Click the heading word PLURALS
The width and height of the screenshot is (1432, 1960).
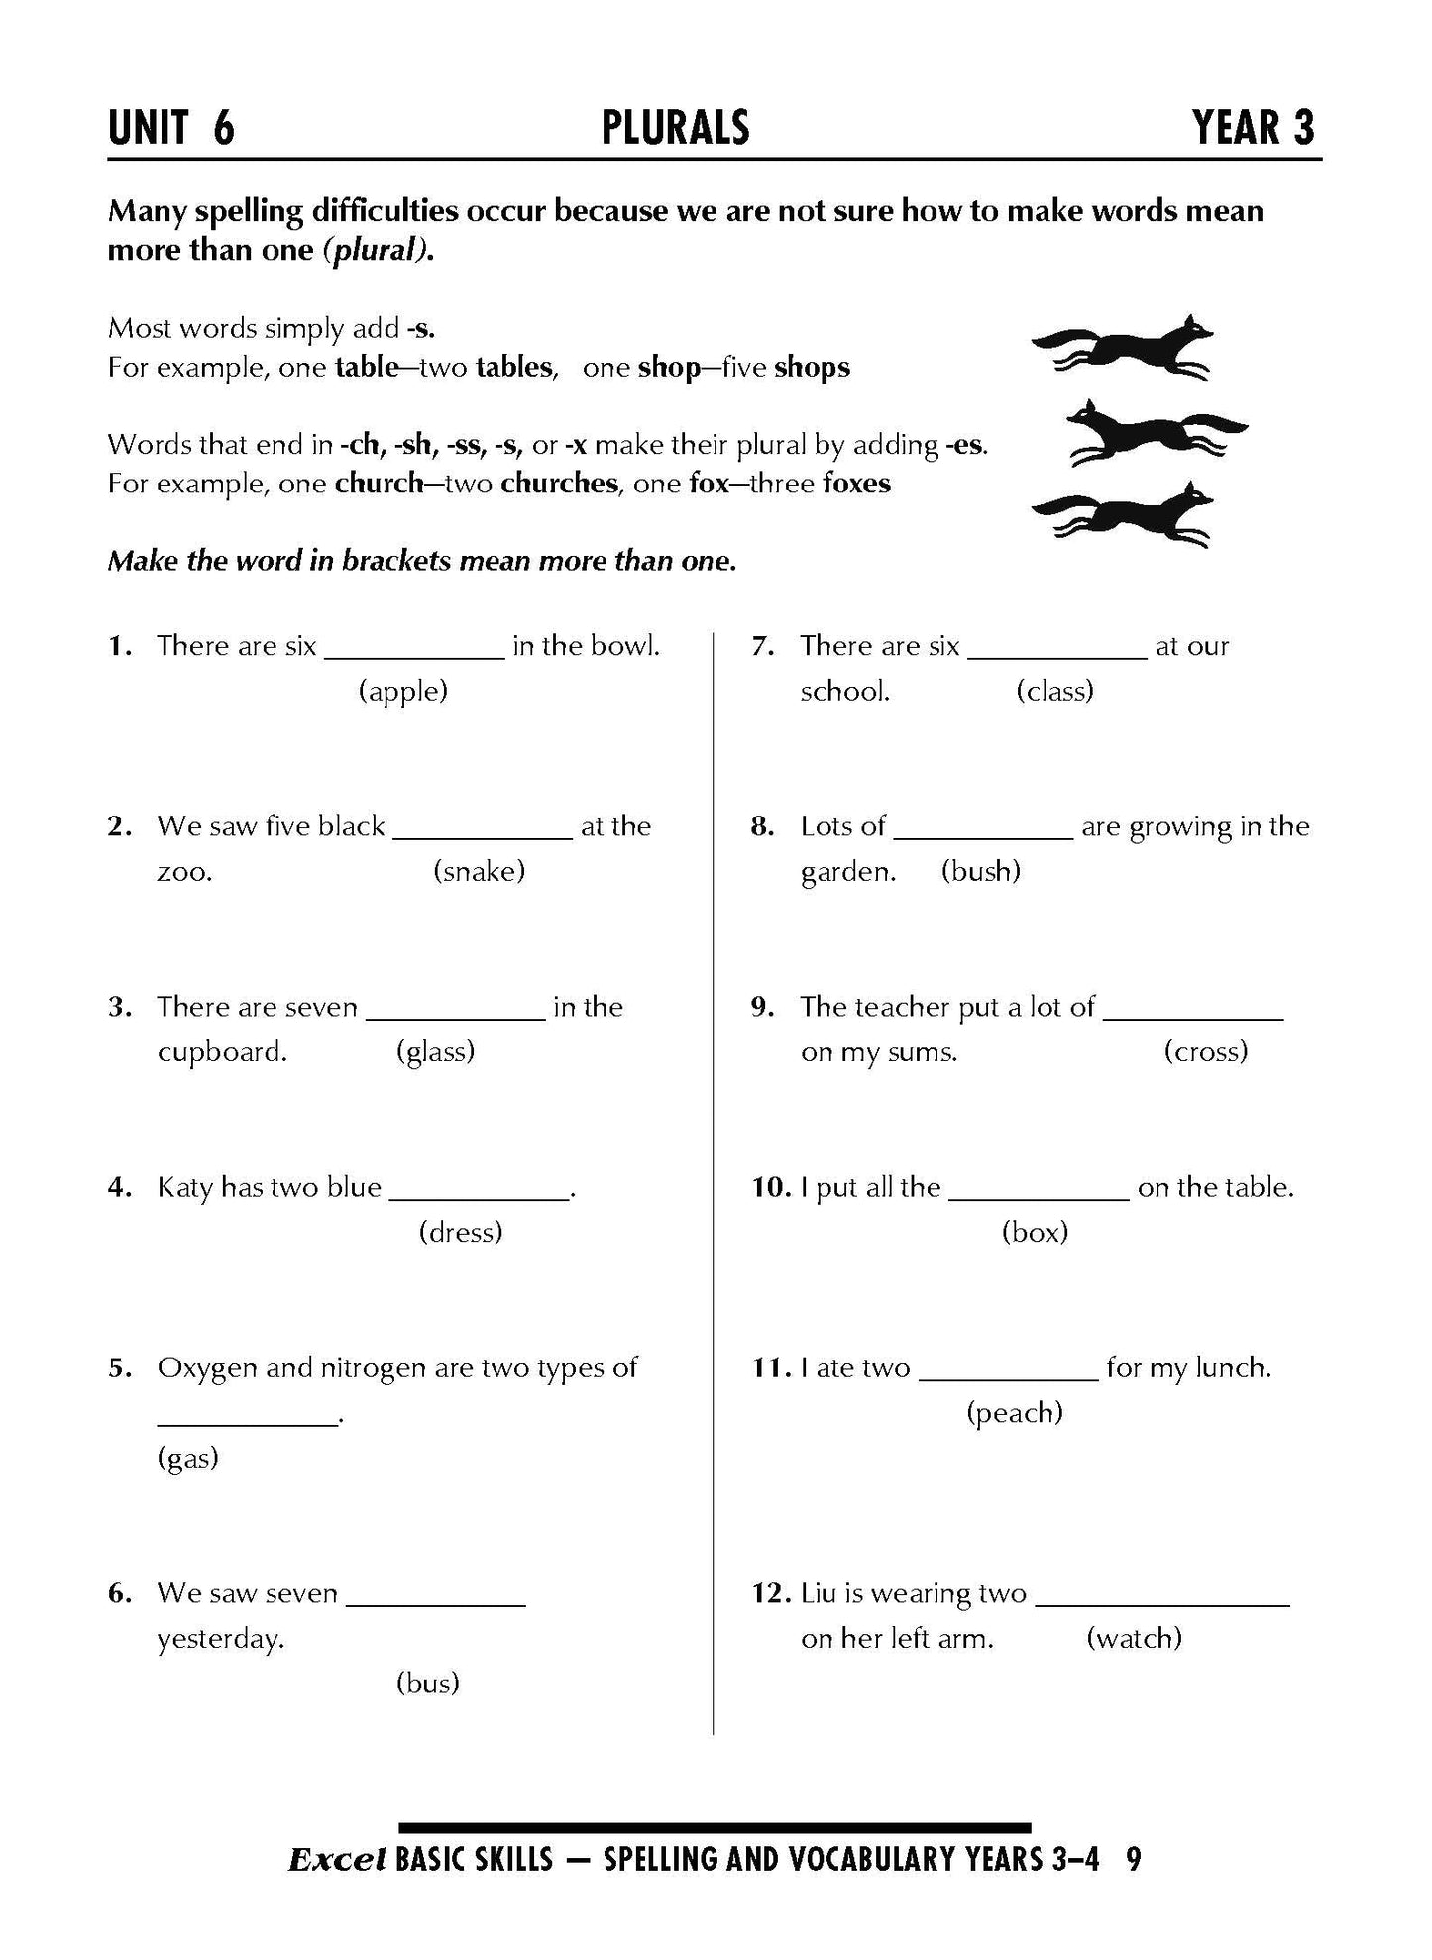(x=675, y=128)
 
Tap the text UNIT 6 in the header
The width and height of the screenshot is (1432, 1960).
(x=171, y=128)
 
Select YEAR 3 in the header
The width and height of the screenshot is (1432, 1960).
(x=1254, y=128)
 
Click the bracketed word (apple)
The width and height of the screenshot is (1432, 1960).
(x=402, y=691)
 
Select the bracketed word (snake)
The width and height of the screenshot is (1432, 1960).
(x=479, y=871)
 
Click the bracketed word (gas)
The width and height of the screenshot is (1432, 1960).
(x=187, y=1458)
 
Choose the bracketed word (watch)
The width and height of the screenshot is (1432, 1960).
(x=1134, y=1638)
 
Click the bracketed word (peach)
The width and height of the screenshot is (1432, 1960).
(x=1014, y=1412)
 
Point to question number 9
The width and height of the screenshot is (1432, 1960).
(x=761, y=1007)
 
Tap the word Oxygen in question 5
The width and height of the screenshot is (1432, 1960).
(x=207, y=1368)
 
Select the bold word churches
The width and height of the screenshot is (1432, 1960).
(x=559, y=484)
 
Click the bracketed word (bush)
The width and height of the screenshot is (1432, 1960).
(x=980, y=871)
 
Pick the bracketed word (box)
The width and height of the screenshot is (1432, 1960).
(x=1035, y=1232)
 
